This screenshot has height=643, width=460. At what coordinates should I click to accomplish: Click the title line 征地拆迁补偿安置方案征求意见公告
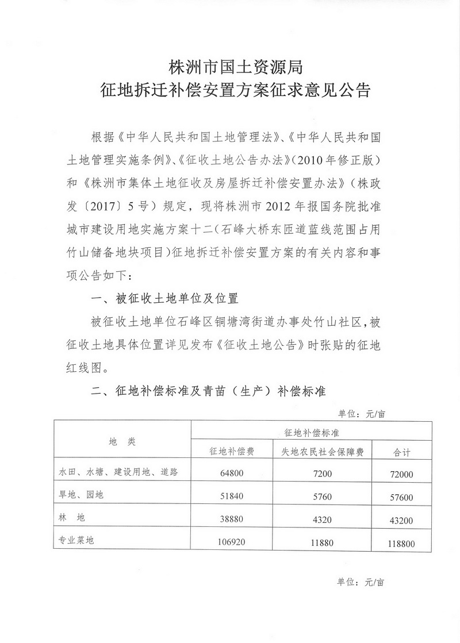pos(230,91)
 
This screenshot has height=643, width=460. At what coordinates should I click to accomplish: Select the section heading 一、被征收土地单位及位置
pos(165,299)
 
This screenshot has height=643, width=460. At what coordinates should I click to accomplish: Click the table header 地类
pos(122,441)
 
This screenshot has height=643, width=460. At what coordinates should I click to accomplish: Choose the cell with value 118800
pos(400,542)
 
